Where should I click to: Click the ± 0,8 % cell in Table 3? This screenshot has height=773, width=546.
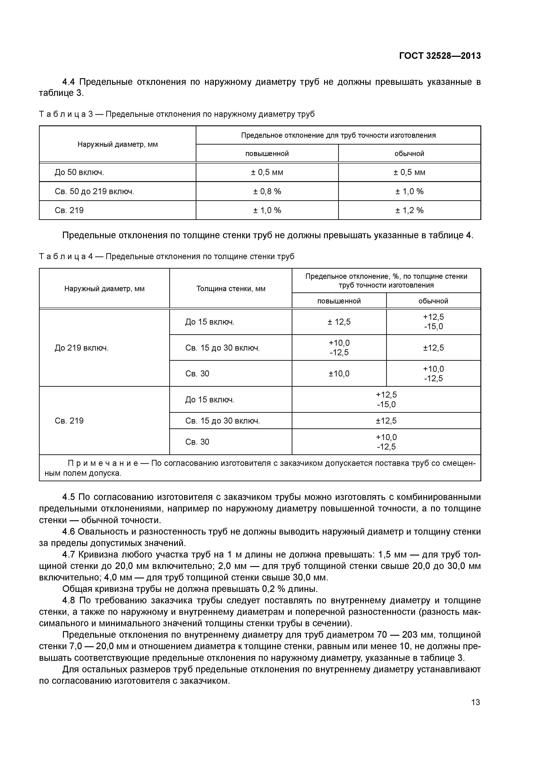pos(267,191)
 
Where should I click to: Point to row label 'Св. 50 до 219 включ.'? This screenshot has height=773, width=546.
pos(94,191)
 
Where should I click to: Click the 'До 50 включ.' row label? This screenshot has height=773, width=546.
pos(79,172)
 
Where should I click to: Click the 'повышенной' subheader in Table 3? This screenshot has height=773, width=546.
pos(267,154)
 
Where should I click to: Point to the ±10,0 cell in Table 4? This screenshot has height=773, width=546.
pos(339,373)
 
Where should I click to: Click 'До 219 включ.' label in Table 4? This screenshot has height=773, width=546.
pos(81,348)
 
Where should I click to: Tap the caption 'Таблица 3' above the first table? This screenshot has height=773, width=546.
pos(66,114)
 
